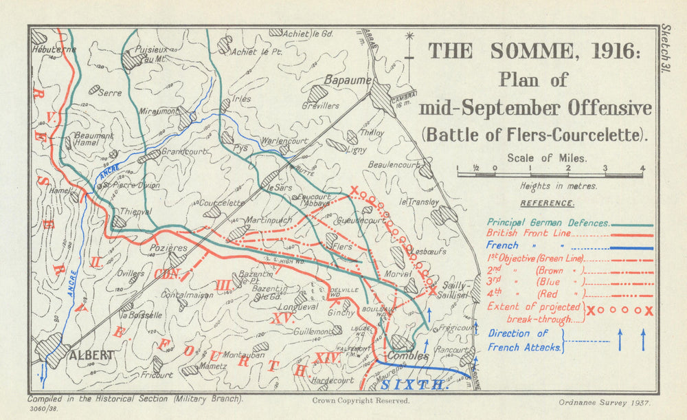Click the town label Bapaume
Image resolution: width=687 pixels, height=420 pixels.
click(344, 79)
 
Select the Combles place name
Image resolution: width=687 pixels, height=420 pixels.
click(407, 356)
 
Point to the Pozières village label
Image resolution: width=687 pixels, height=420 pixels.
click(168, 247)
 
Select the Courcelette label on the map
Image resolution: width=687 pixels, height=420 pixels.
click(221, 203)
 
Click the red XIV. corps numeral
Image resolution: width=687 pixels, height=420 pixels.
click(328, 357)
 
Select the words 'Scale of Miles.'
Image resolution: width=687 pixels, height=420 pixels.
click(547, 157)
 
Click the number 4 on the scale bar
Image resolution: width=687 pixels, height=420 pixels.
click(642, 168)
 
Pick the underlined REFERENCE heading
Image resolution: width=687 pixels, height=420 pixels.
click(547, 203)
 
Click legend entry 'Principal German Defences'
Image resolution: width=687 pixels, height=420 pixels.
click(548, 223)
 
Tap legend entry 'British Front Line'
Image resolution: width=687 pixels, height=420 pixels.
click(530, 234)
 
